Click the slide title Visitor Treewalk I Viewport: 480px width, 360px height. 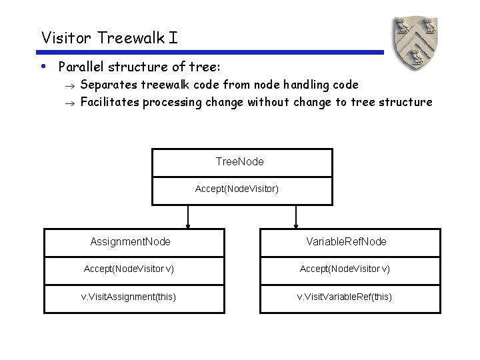pyautogui.click(x=109, y=37)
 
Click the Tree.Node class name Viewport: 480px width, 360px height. pyautogui.click(x=240, y=161)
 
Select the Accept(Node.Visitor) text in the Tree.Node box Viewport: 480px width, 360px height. pyautogui.click(x=237, y=189)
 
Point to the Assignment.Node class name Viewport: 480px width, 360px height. pyautogui.click(x=130, y=241)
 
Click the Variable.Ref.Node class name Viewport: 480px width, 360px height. pyautogui.click(x=346, y=241)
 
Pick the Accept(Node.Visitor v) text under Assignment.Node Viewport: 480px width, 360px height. pyautogui.click(x=129, y=269)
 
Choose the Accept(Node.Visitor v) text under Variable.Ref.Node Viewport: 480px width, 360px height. pyautogui.click(x=345, y=269)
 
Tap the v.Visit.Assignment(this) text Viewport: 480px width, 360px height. pyautogui.click(x=129, y=297)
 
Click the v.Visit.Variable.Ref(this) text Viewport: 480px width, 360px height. pyautogui.click(x=345, y=297)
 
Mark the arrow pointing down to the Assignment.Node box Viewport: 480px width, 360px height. pyautogui.click(x=188, y=217)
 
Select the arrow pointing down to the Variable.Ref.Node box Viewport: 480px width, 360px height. pyautogui.click(x=296, y=217)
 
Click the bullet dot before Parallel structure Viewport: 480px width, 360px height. pyautogui.click(x=43, y=67)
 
